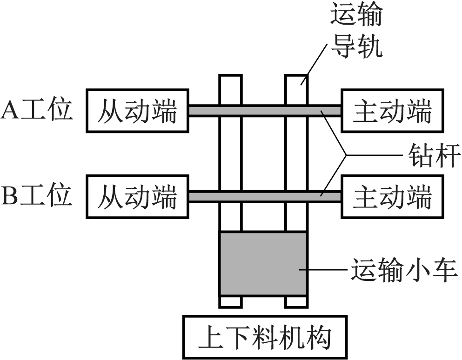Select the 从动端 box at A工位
coord(137,111)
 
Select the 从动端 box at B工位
coord(137,196)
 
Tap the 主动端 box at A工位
coord(392,111)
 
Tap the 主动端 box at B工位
coord(392,196)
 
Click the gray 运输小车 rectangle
coord(262,263)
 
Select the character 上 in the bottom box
coord(209,337)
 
